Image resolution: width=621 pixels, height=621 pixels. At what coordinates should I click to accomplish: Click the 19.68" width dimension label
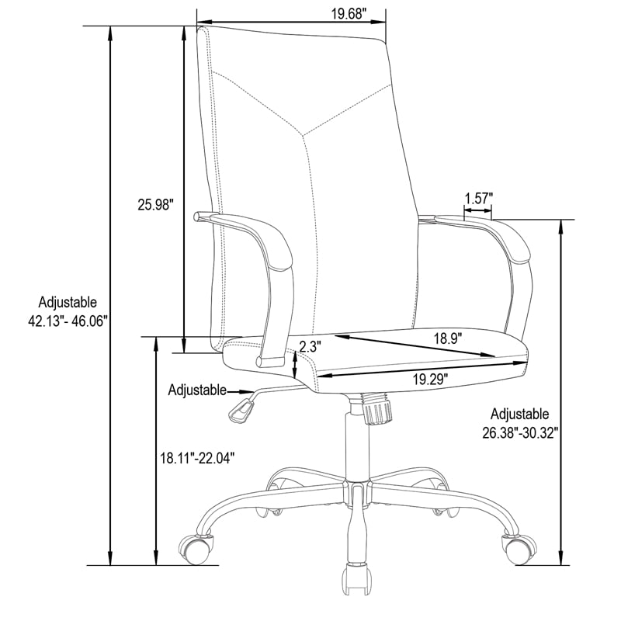[347, 14]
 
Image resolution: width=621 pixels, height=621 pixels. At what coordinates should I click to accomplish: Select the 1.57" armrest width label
[479, 198]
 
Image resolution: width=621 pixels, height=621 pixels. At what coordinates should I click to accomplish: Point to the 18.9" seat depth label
[448, 339]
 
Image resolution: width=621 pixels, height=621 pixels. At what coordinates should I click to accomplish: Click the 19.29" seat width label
[431, 380]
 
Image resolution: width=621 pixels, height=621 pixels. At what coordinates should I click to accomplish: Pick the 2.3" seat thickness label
[309, 347]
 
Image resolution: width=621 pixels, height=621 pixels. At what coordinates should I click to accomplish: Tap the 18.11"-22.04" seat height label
[198, 458]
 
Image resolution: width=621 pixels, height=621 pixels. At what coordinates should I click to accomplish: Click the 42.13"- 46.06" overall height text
[68, 321]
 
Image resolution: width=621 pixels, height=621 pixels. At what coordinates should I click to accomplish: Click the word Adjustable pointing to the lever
[197, 390]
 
